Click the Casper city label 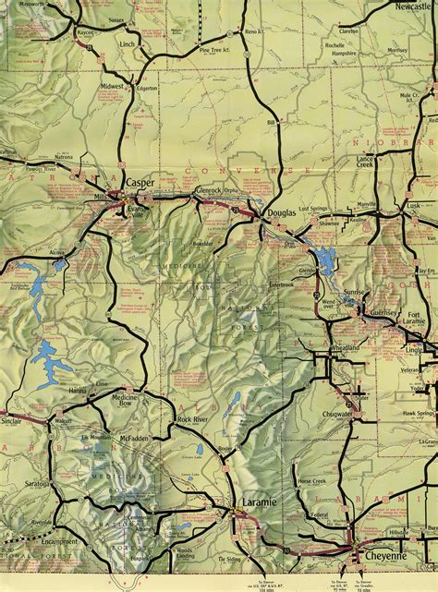[140, 183]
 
